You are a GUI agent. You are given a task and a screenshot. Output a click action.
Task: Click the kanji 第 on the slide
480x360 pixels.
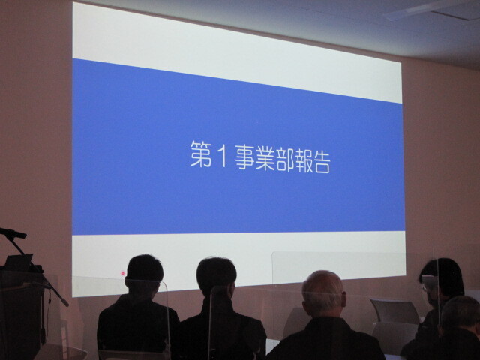tap(201, 154)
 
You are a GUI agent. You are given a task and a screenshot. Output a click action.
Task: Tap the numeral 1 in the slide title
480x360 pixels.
tap(223, 156)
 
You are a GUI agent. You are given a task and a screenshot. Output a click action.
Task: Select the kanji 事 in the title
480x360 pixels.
tap(245, 157)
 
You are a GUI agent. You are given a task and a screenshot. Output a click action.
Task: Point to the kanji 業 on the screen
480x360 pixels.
tap(265, 159)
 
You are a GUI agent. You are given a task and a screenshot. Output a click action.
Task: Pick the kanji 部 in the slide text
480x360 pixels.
tap(285, 160)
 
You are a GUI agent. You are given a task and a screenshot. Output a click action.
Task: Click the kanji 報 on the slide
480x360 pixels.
tap(302, 161)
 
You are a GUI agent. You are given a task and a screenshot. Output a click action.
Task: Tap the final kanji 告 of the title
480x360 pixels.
tap(321, 162)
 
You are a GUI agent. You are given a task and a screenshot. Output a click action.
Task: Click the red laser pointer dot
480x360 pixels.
tap(123, 273)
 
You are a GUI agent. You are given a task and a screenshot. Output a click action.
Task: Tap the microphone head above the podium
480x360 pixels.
tap(13, 233)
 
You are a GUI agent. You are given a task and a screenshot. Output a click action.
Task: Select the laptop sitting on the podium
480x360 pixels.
tap(18, 262)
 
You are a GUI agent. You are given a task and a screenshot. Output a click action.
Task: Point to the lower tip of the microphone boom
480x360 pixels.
tap(67, 304)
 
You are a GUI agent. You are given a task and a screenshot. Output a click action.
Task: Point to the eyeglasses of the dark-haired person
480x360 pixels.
tap(425, 288)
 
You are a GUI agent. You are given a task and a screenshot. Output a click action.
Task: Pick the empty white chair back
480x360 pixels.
tap(395, 311)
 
